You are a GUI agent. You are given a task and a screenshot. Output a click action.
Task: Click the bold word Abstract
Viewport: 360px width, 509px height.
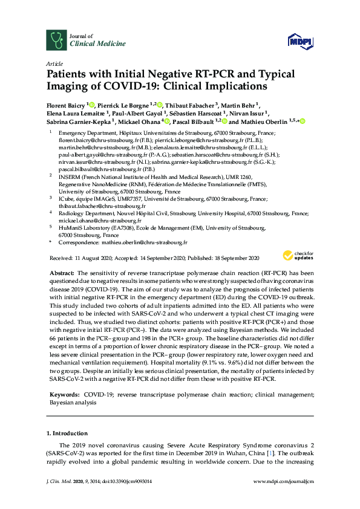pyautogui.click(x=61, y=274)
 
